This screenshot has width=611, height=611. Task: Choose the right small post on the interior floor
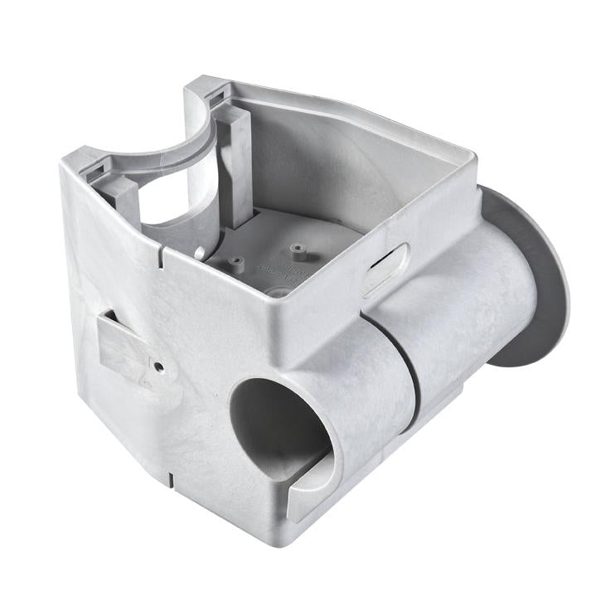click(x=296, y=249)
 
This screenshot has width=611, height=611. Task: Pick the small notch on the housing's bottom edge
click(x=170, y=478)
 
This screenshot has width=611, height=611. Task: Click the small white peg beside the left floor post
click(x=201, y=250)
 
